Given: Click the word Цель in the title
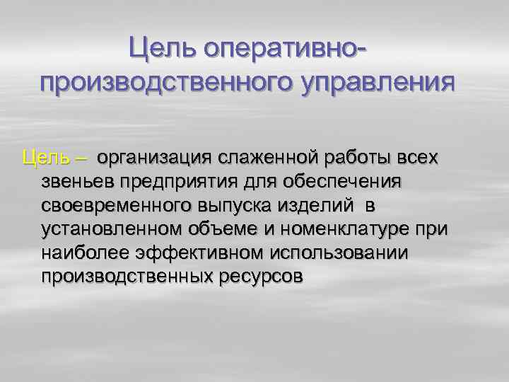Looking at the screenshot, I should tap(161, 50).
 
